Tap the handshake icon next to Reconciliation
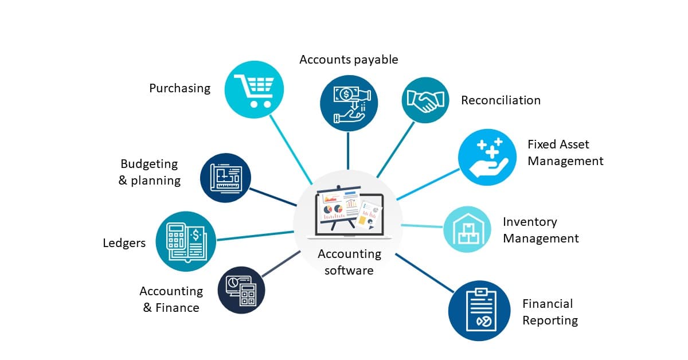(x=425, y=100)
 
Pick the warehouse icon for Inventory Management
(x=467, y=230)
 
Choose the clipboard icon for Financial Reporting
(x=479, y=310)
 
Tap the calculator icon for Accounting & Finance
(x=241, y=290)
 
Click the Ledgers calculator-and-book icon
(x=185, y=241)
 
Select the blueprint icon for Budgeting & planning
(x=225, y=178)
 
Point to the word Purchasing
(x=179, y=88)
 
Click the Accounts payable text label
(x=348, y=60)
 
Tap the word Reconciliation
(x=501, y=100)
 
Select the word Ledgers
(x=124, y=243)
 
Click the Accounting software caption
(x=349, y=262)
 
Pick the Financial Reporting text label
(x=549, y=312)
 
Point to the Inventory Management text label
(x=540, y=230)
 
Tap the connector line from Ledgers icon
(x=255, y=236)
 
